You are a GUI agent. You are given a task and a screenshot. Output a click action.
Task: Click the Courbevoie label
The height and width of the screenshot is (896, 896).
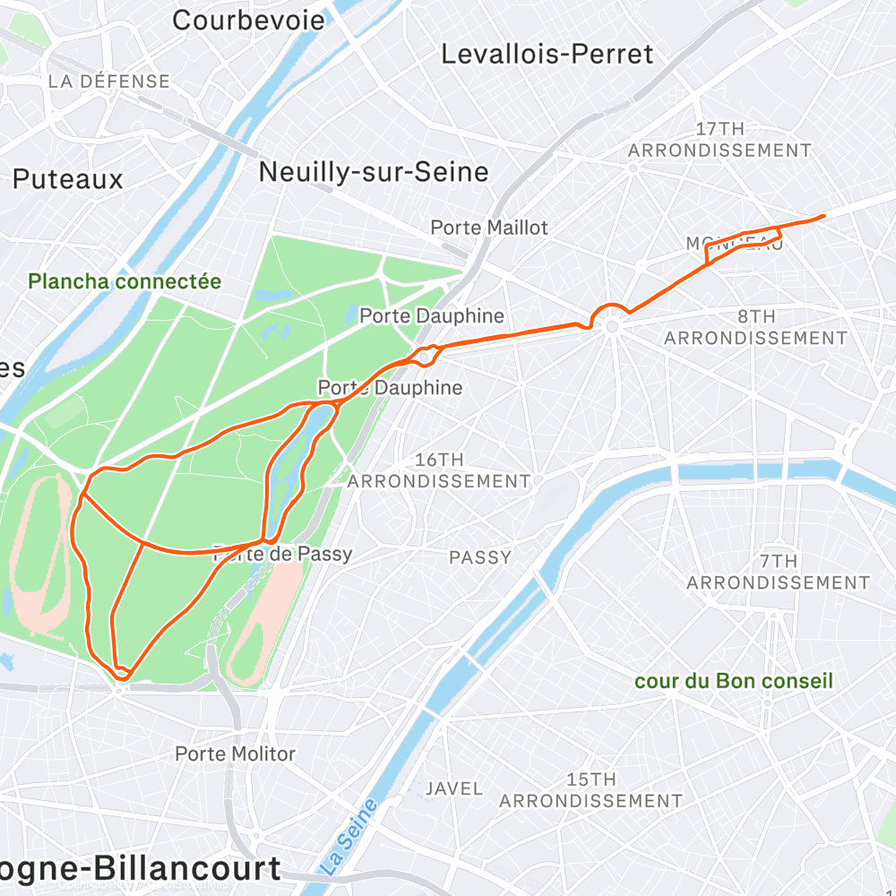[248, 20]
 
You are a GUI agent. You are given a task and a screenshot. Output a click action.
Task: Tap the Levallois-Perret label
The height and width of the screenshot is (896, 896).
[547, 55]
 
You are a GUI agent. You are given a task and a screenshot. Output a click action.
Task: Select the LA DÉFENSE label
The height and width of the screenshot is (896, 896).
[108, 82]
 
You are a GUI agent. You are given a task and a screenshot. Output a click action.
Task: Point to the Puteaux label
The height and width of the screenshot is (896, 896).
[67, 179]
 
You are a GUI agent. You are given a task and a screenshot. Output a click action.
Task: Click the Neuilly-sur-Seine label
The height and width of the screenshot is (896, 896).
[374, 172]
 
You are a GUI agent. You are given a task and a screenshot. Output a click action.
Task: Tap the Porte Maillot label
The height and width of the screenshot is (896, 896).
[488, 228]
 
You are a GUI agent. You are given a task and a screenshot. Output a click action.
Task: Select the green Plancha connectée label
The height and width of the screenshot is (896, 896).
[125, 281]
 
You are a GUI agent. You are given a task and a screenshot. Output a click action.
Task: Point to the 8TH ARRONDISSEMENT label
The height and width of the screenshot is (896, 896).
[755, 327]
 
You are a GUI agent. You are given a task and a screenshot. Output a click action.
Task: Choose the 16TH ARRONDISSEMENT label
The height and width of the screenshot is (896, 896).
[438, 470]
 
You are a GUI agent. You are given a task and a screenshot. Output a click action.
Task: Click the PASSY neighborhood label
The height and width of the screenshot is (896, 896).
[480, 557]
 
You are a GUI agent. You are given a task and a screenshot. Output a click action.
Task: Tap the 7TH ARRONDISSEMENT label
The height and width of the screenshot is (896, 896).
[778, 572]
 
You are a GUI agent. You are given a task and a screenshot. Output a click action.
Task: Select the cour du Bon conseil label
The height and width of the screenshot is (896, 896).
[733, 681]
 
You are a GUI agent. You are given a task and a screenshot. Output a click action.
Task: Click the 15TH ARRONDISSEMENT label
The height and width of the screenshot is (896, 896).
[590, 790]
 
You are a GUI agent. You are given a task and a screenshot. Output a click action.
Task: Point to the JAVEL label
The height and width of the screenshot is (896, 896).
[454, 789]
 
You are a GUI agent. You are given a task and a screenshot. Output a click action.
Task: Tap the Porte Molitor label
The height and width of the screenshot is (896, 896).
[235, 754]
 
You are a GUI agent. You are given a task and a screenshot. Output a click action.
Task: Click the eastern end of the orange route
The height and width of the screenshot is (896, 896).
[823, 216]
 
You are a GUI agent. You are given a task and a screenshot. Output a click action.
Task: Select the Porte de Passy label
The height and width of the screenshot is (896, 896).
[283, 555]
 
